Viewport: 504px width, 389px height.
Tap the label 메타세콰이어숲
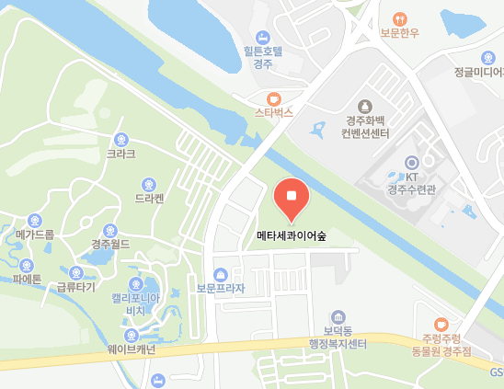click(292, 235)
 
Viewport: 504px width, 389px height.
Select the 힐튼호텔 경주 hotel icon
click(263, 36)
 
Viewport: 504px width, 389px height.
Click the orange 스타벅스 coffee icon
click(273, 98)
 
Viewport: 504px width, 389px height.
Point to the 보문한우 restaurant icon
click(398, 18)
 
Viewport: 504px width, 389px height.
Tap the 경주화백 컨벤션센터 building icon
click(365, 107)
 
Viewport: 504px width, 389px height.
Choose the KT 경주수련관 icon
click(411, 163)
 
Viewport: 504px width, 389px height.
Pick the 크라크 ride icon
click(120, 138)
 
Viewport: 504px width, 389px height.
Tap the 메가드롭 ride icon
click(35, 220)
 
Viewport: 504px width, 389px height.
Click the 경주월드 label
click(110, 245)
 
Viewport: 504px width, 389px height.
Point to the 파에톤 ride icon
click(27, 266)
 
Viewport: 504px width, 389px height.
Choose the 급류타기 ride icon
click(75, 272)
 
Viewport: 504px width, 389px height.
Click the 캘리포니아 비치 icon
click(136, 283)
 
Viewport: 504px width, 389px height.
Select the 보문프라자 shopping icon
click(221, 274)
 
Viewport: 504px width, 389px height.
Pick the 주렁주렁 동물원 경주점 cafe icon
click(441, 324)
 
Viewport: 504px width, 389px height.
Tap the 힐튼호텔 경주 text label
click(263, 57)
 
